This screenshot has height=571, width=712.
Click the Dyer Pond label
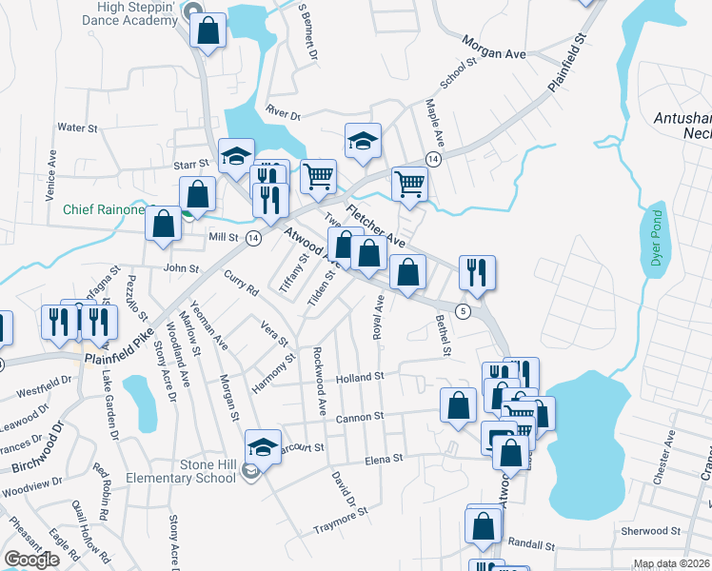tap(655, 243)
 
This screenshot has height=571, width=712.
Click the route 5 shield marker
tap(463, 311)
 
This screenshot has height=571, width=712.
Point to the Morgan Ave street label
tap(494, 48)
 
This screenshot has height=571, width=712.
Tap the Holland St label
tap(359, 377)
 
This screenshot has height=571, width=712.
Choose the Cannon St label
tap(358, 417)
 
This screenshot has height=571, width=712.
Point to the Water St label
tap(72, 127)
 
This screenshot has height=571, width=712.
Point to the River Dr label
tap(283, 114)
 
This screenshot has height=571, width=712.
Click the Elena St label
tap(386, 459)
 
